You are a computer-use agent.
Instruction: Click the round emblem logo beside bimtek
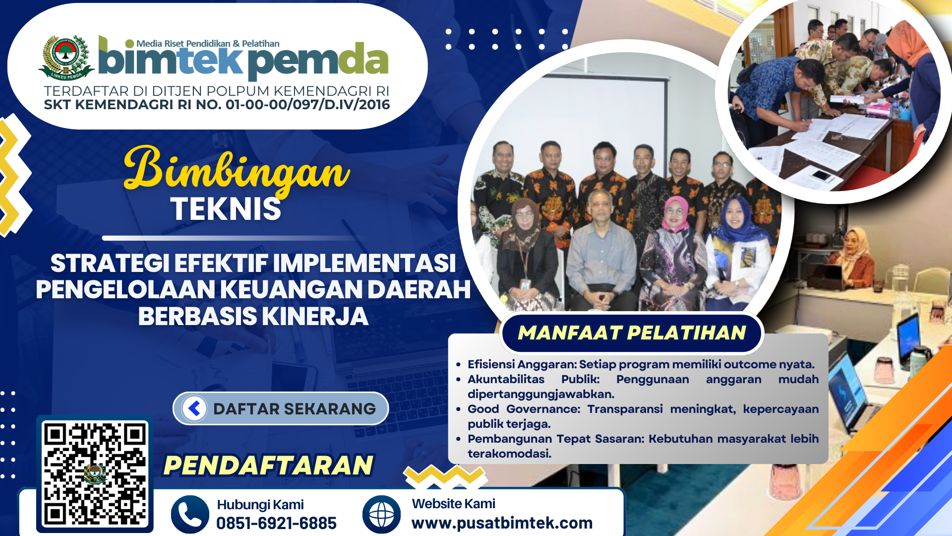point(66,57)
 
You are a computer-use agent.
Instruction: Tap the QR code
point(95,474)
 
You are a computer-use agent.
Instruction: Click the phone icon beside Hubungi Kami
point(190,515)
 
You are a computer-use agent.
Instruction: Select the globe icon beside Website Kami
point(381,515)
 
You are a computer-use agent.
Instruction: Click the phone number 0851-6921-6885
point(276,523)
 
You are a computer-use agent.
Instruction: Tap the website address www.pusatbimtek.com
point(502,523)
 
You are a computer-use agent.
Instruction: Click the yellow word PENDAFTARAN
point(268,465)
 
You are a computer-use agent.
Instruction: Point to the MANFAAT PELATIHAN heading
point(632,333)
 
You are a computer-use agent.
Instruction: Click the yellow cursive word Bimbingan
point(237,170)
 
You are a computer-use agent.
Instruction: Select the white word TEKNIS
point(226,209)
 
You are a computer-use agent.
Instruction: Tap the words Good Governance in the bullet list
point(524,409)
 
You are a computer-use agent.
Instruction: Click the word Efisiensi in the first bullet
point(491,364)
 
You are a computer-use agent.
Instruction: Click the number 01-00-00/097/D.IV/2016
point(307,105)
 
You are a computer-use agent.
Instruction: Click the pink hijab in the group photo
point(676,210)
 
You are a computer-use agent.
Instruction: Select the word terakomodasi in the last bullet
point(509,454)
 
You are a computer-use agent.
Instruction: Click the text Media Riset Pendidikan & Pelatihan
point(208,44)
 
